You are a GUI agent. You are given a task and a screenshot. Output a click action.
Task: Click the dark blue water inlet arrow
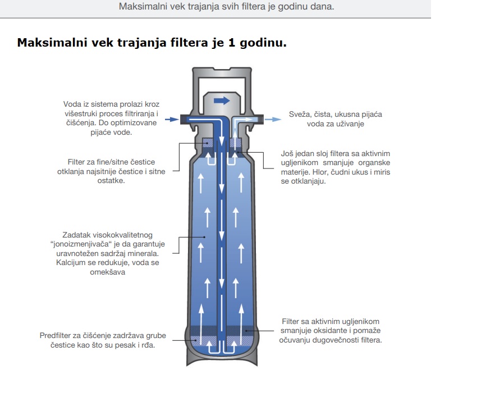pyautogui.click(x=172, y=119)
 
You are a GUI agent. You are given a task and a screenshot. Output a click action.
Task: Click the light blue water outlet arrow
pyautogui.click(x=273, y=120)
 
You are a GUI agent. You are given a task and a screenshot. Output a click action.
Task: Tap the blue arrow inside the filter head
pyautogui.click(x=222, y=101)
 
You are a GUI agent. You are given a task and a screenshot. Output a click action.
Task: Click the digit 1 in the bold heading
pyautogui.click(x=232, y=43)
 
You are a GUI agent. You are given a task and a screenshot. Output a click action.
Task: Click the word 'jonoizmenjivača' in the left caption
pyautogui.click(x=81, y=244)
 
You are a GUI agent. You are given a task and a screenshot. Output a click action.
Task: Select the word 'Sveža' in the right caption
pyautogui.click(x=298, y=115)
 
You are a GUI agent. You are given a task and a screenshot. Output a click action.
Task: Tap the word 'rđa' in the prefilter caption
pyautogui.click(x=149, y=345)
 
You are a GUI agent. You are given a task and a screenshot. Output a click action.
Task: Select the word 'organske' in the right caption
pyautogui.click(x=374, y=163)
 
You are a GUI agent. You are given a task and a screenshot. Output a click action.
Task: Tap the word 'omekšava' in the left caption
pyautogui.click(x=107, y=272)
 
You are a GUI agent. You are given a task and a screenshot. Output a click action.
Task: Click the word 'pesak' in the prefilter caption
pyautogui.click(x=124, y=345)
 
